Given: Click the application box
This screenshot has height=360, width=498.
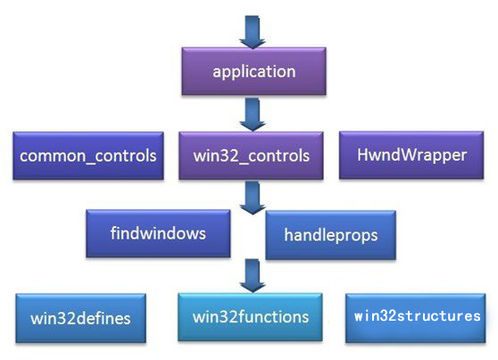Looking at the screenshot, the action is (253, 71).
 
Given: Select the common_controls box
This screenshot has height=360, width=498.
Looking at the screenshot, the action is (88, 155).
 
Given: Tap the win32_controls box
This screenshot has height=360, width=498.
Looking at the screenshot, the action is (251, 155).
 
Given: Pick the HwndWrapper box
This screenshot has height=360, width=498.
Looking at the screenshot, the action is (411, 155).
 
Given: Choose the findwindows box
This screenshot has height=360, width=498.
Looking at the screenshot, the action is (158, 233).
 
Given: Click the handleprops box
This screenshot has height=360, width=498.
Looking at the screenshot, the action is (330, 235).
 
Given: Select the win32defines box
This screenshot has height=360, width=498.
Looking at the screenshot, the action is (80, 318).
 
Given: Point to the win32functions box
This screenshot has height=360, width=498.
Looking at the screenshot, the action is (250, 317).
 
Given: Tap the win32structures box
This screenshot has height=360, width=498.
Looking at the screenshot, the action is (415, 318).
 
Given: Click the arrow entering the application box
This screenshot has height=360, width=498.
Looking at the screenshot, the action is (253, 32).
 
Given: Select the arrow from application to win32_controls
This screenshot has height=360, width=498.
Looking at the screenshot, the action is (253, 114).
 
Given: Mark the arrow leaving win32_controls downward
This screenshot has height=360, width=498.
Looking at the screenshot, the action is (253, 197).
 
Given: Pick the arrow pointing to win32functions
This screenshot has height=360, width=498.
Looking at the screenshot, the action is (253, 275).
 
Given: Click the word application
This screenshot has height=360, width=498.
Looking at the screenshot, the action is (254, 71).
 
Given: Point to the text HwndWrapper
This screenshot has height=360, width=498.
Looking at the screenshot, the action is (412, 155).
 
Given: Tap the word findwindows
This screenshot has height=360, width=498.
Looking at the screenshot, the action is (158, 233).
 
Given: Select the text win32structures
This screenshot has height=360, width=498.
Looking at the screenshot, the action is (418, 316).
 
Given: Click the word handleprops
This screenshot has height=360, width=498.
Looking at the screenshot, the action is (331, 235).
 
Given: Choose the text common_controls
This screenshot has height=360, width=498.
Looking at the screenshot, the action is (88, 156).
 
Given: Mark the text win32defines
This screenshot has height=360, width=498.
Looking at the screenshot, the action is (80, 319).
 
